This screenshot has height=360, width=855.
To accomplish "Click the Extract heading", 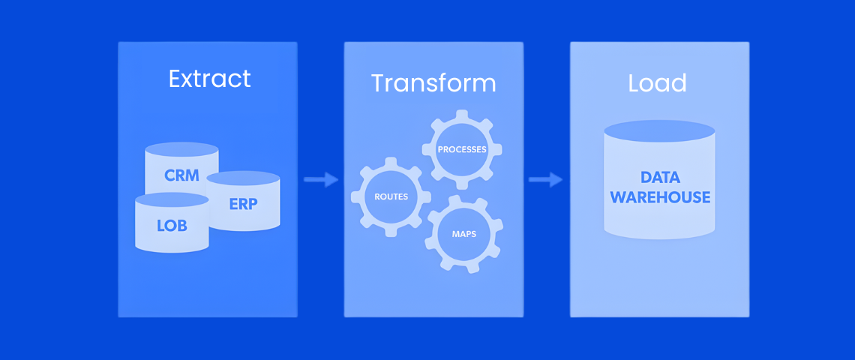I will [209, 79].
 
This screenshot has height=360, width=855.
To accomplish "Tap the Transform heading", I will [433, 82].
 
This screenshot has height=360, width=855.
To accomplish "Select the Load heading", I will [657, 82].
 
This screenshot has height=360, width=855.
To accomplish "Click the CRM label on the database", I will [182, 175].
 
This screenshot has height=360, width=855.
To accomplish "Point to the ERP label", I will [243, 202].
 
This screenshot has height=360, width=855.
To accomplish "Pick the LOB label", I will [172, 225].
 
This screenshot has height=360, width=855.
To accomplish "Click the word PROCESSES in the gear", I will [462, 149].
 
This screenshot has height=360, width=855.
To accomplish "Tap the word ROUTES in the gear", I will [391, 196].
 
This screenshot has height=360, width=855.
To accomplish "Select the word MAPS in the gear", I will [463, 234].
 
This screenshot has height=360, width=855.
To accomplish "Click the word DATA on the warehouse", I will [660, 178].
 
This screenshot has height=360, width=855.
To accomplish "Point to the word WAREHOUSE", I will [660, 197].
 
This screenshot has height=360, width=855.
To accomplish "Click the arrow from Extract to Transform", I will [321, 179].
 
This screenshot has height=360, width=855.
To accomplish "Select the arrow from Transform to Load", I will [546, 179].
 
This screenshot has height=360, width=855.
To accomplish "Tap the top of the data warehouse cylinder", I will [659, 130].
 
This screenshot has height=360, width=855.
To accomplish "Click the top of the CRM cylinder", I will [182, 149].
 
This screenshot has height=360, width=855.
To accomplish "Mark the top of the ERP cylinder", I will [243, 178].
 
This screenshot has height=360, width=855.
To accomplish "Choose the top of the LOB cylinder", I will [172, 199].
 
